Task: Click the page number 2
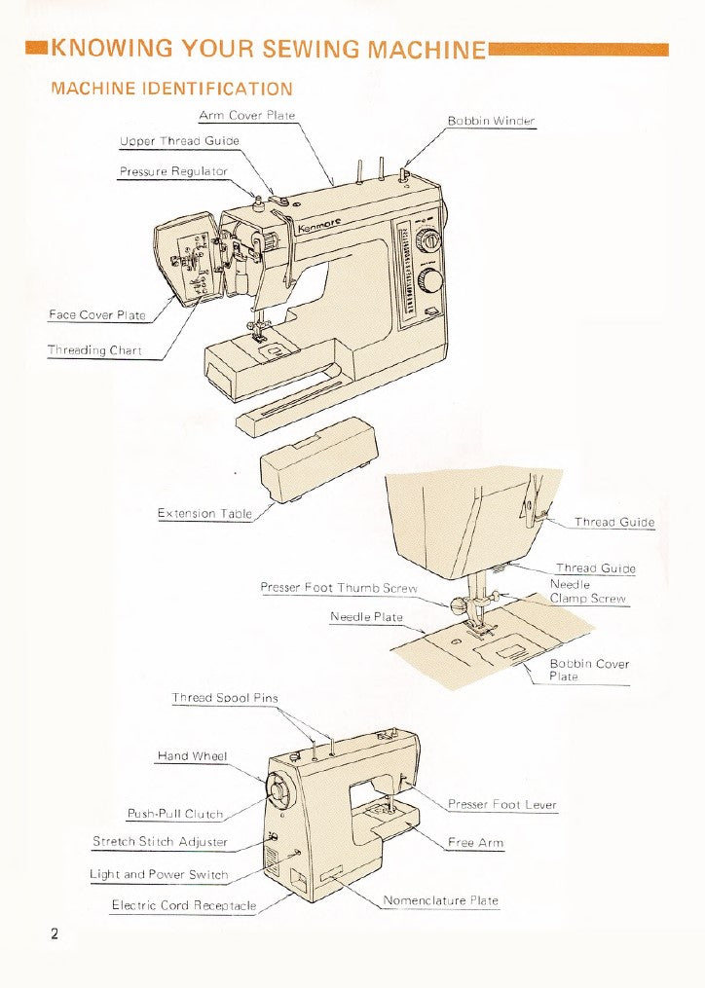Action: [56, 934]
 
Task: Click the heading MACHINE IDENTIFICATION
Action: [170, 89]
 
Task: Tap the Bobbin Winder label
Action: [491, 122]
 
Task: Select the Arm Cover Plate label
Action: [247, 116]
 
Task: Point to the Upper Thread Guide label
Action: [179, 141]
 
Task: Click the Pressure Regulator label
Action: [173, 171]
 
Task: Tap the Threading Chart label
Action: [94, 350]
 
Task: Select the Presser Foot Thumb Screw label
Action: [339, 588]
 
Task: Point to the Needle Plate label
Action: [366, 617]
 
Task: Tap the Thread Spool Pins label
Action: [225, 698]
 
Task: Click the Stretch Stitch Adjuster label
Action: [160, 841]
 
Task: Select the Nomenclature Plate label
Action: [440, 900]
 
